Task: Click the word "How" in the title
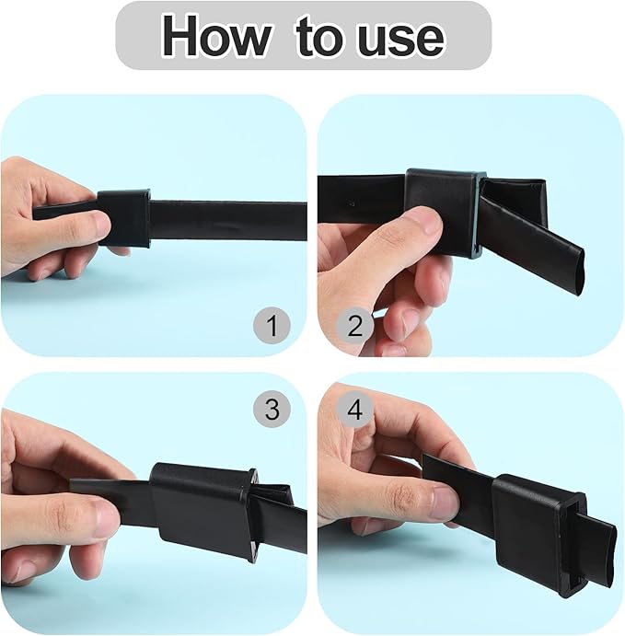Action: click(215, 36)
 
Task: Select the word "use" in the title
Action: click(398, 36)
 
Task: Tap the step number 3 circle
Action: click(271, 409)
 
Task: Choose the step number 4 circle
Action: click(354, 410)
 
